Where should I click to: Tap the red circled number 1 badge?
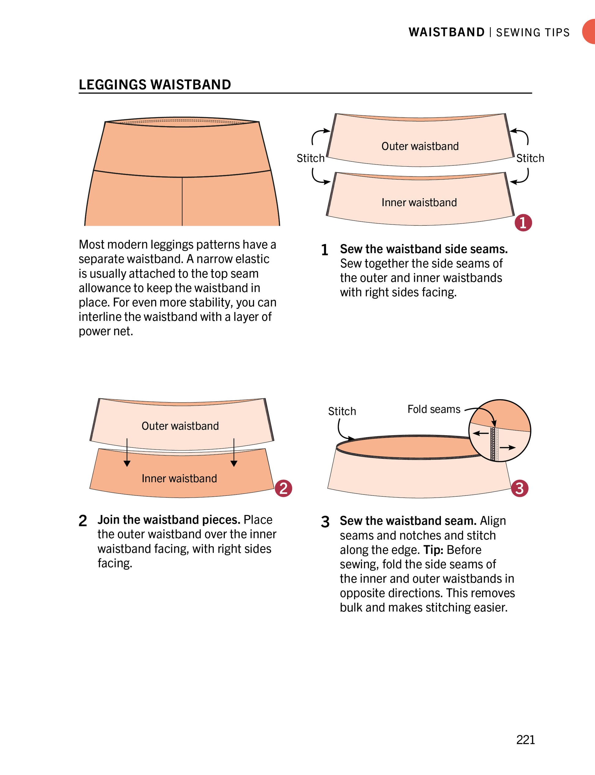[x=523, y=223]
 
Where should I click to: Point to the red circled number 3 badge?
[x=519, y=488]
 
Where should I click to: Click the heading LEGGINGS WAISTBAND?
[x=155, y=85]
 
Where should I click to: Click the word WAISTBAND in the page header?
[x=446, y=32]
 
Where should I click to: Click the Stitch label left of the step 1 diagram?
[x=310, y=158]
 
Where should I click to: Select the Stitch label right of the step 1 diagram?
[x=530, y=158]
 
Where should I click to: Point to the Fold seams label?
[x=434, y=410]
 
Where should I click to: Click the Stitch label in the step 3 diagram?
[x=342, y=411]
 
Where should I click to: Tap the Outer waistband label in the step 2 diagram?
[x=180, y=426]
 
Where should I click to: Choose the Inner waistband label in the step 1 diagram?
[x=419, y=202]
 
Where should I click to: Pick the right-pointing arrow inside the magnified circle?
[x=508, y=448]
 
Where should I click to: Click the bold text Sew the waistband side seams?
[x=423, y=249]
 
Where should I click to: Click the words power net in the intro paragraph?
[x=105, y=332]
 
